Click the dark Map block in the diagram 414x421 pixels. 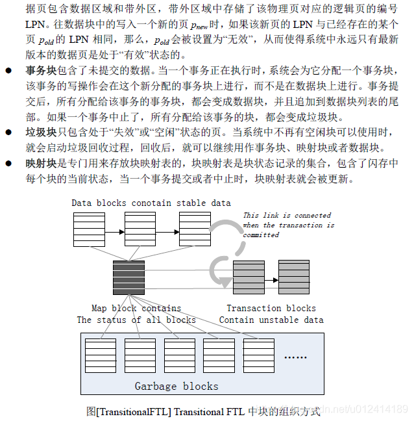click(x=128, y=278)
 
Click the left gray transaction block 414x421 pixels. click(x=249, y=278)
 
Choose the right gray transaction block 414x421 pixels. click(x=294, y=278)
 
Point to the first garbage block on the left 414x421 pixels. click(x=101, y=355)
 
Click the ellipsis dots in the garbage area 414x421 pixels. click(x=295, y=357)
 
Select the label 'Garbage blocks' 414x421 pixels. click(x=177, y=386)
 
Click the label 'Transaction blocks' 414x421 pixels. click(x=271, y=308)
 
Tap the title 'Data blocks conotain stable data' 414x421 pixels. click(x=151, y=203)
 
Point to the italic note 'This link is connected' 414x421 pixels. click(x=287, y=215)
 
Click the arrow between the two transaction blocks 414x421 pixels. click(x=271, y=279)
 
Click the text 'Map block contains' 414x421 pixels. click(x=136, y=308)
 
